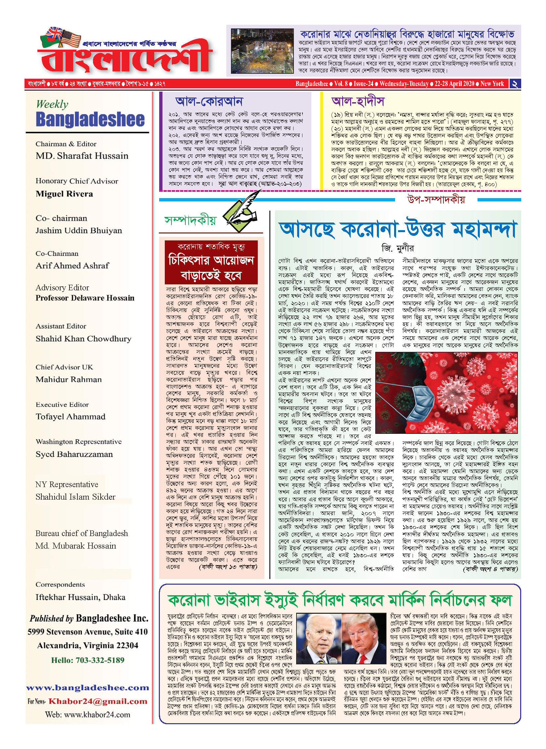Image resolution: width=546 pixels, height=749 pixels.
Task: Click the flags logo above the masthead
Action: [61, 37]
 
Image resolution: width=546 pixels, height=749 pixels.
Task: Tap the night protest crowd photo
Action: [262, 51]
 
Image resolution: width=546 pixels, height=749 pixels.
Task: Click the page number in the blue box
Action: [515, 84]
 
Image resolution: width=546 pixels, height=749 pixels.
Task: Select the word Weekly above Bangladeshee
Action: [52, 104]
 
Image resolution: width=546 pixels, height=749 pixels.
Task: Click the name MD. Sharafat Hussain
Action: [82, 156]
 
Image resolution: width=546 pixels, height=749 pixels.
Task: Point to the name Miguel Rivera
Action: [64, 194]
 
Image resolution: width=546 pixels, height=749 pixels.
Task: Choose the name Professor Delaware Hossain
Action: [85, 298]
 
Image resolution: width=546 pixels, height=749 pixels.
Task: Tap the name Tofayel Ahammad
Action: [70, 417]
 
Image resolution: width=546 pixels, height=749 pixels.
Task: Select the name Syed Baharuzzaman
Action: [74, 454]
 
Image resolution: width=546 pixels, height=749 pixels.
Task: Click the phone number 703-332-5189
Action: [100, 660]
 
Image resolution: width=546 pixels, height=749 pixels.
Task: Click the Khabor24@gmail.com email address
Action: [98, 701]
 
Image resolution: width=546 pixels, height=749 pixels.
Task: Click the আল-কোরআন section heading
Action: [209, 101]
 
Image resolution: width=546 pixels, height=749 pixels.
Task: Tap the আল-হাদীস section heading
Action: [358, 101]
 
